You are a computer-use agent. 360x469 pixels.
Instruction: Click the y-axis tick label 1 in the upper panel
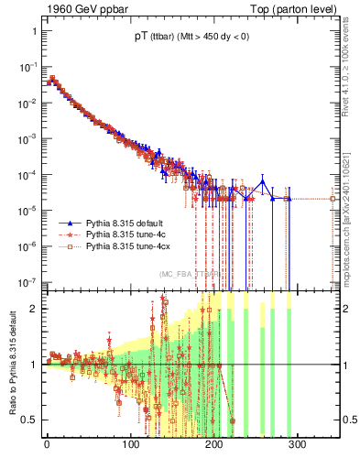[x=34, y=31]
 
